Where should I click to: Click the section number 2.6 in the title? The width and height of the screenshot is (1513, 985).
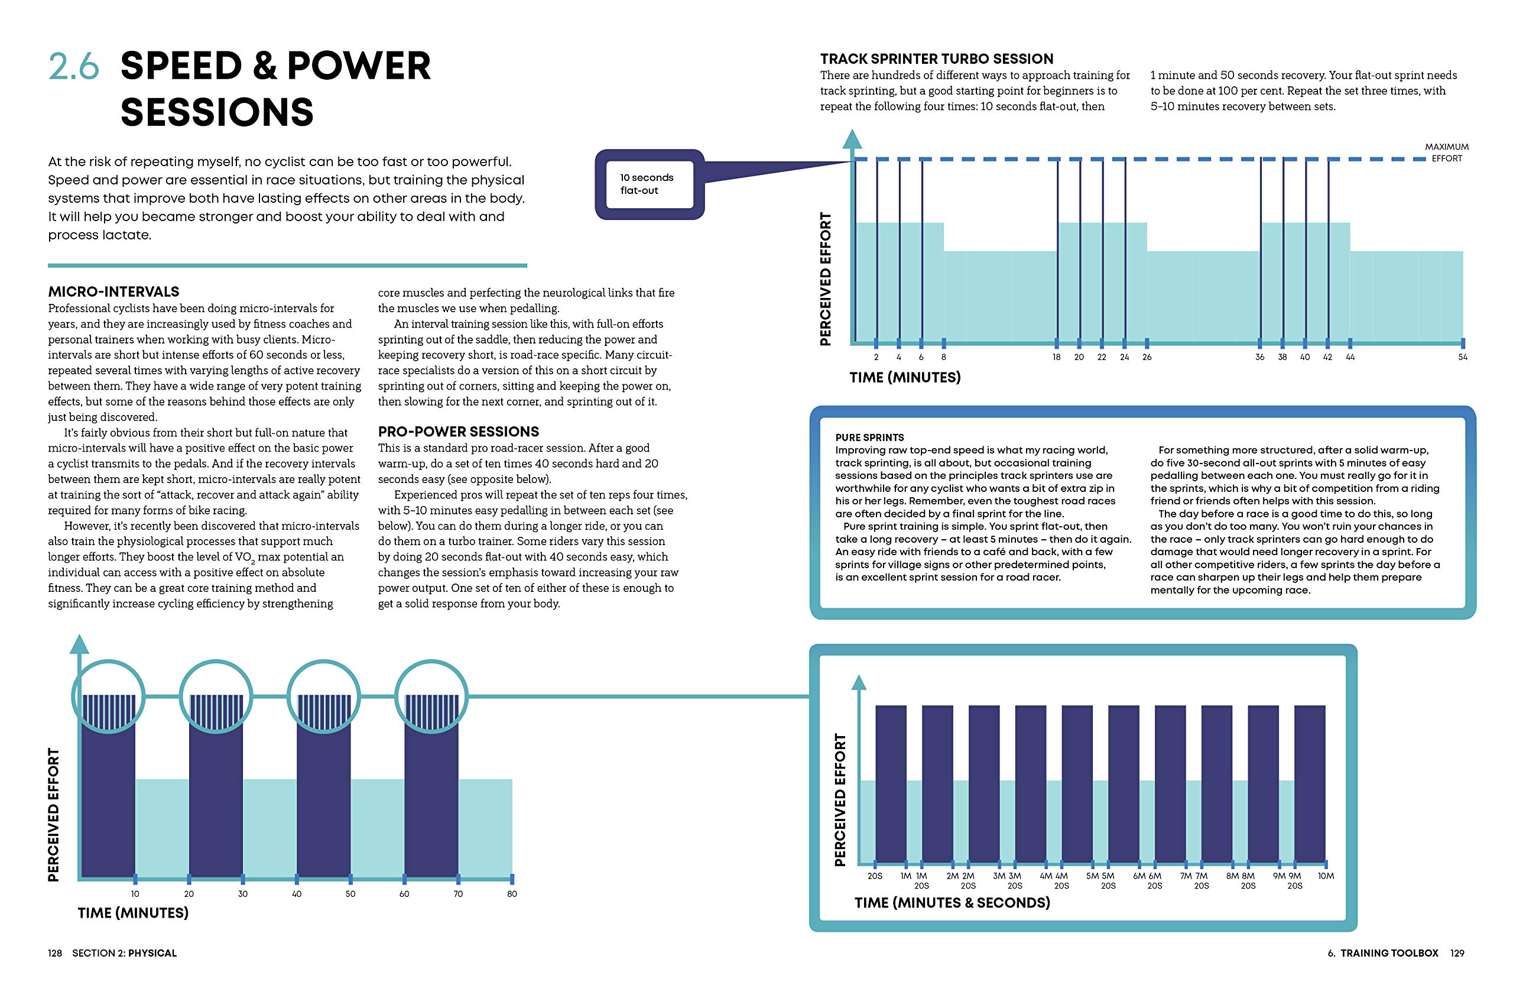74,66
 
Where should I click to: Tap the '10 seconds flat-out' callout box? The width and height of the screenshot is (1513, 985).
648,184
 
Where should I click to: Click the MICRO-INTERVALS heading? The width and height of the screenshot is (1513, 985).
114,292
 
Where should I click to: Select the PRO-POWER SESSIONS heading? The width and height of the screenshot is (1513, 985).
459,432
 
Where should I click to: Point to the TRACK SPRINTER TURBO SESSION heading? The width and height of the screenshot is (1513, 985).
936,59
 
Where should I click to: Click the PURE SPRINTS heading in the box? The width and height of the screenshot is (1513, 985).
869,438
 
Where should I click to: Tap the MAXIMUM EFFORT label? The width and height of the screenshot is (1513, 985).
1446,153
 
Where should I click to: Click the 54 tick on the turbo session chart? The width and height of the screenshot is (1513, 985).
1462,357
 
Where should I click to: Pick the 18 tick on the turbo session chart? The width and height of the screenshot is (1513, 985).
1056,357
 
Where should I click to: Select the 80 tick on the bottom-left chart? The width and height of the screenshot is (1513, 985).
512,893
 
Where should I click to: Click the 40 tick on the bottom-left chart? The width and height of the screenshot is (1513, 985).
296,893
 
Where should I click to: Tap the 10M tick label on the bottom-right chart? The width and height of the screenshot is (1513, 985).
1326,876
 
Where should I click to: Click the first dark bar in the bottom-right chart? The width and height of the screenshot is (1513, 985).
891,783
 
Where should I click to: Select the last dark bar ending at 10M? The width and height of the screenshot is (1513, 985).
1310,783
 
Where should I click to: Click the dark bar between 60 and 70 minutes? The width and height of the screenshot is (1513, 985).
431,808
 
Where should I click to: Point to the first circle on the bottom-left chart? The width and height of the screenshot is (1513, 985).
109,696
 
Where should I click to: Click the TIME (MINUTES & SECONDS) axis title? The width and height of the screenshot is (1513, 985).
952,902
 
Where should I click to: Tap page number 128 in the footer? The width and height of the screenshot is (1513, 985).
56,952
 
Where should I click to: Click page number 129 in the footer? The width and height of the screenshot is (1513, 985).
1457,952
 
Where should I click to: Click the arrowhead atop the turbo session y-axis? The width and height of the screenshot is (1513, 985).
851,140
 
